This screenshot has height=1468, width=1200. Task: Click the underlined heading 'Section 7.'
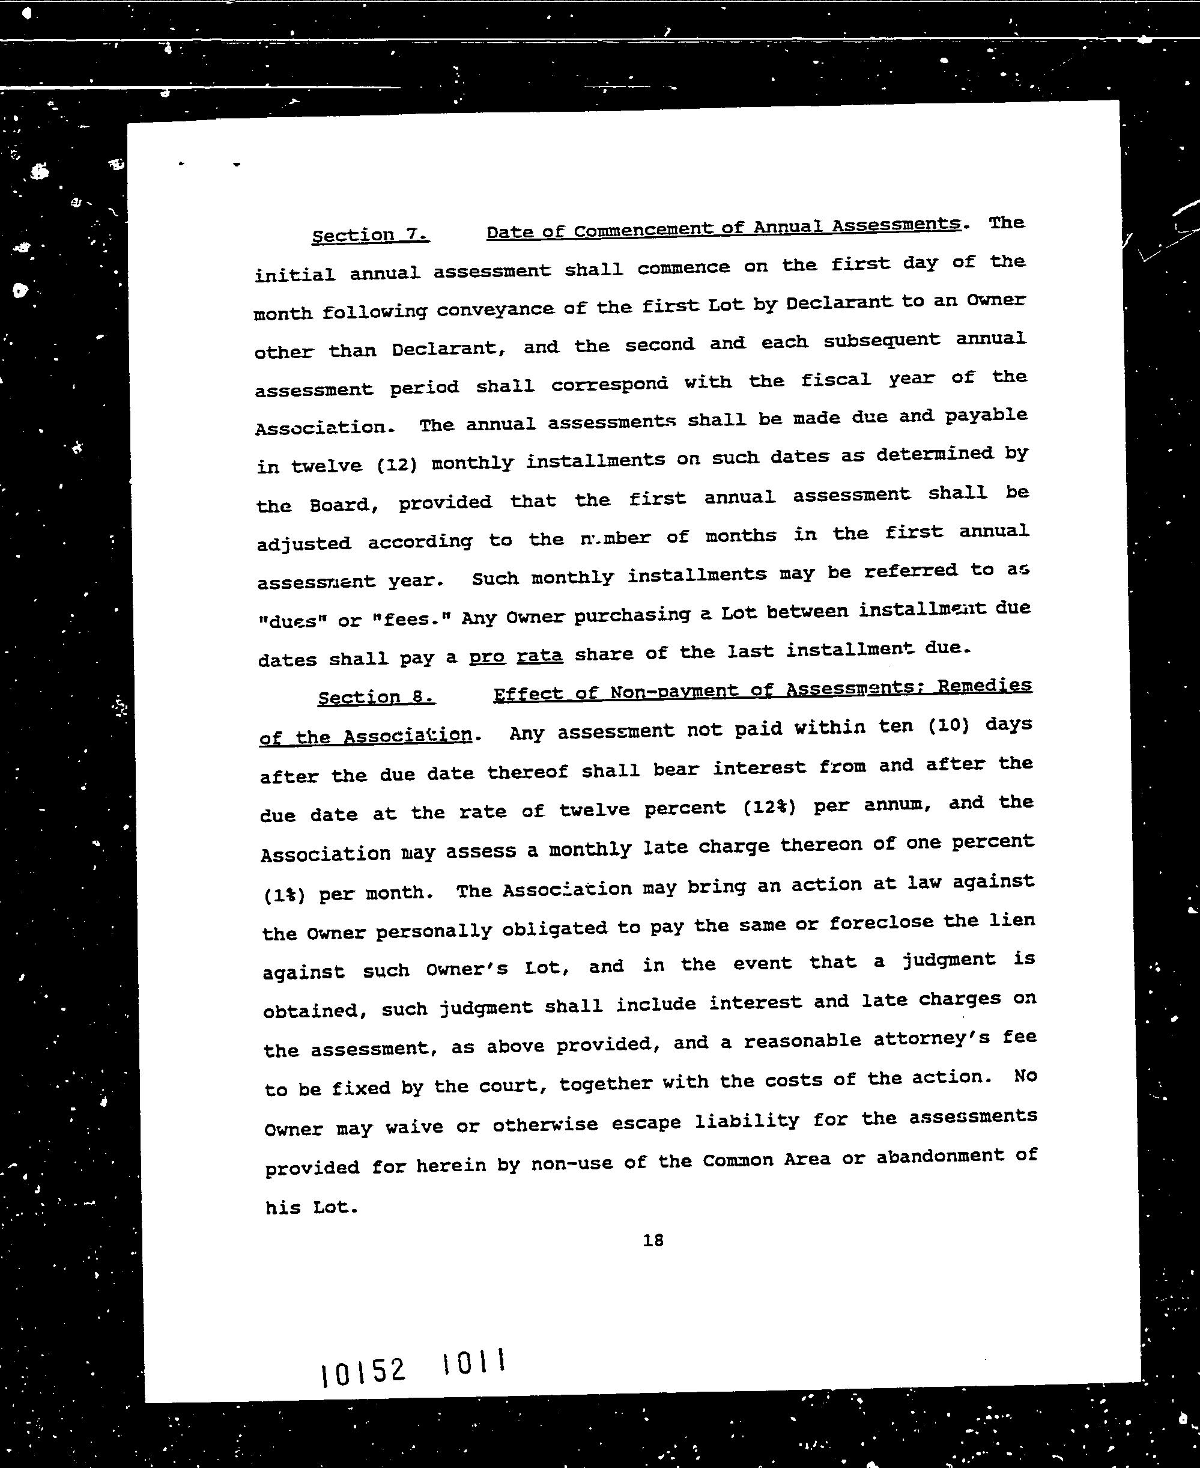[x=371, y=235]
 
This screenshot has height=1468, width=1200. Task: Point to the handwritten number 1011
[x=473, y=1362]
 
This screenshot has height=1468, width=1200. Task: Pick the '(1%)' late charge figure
[x=284, y=895]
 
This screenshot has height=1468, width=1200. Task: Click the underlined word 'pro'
[x=486, y=656]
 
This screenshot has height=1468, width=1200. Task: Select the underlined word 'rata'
[x=540, y=654]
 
